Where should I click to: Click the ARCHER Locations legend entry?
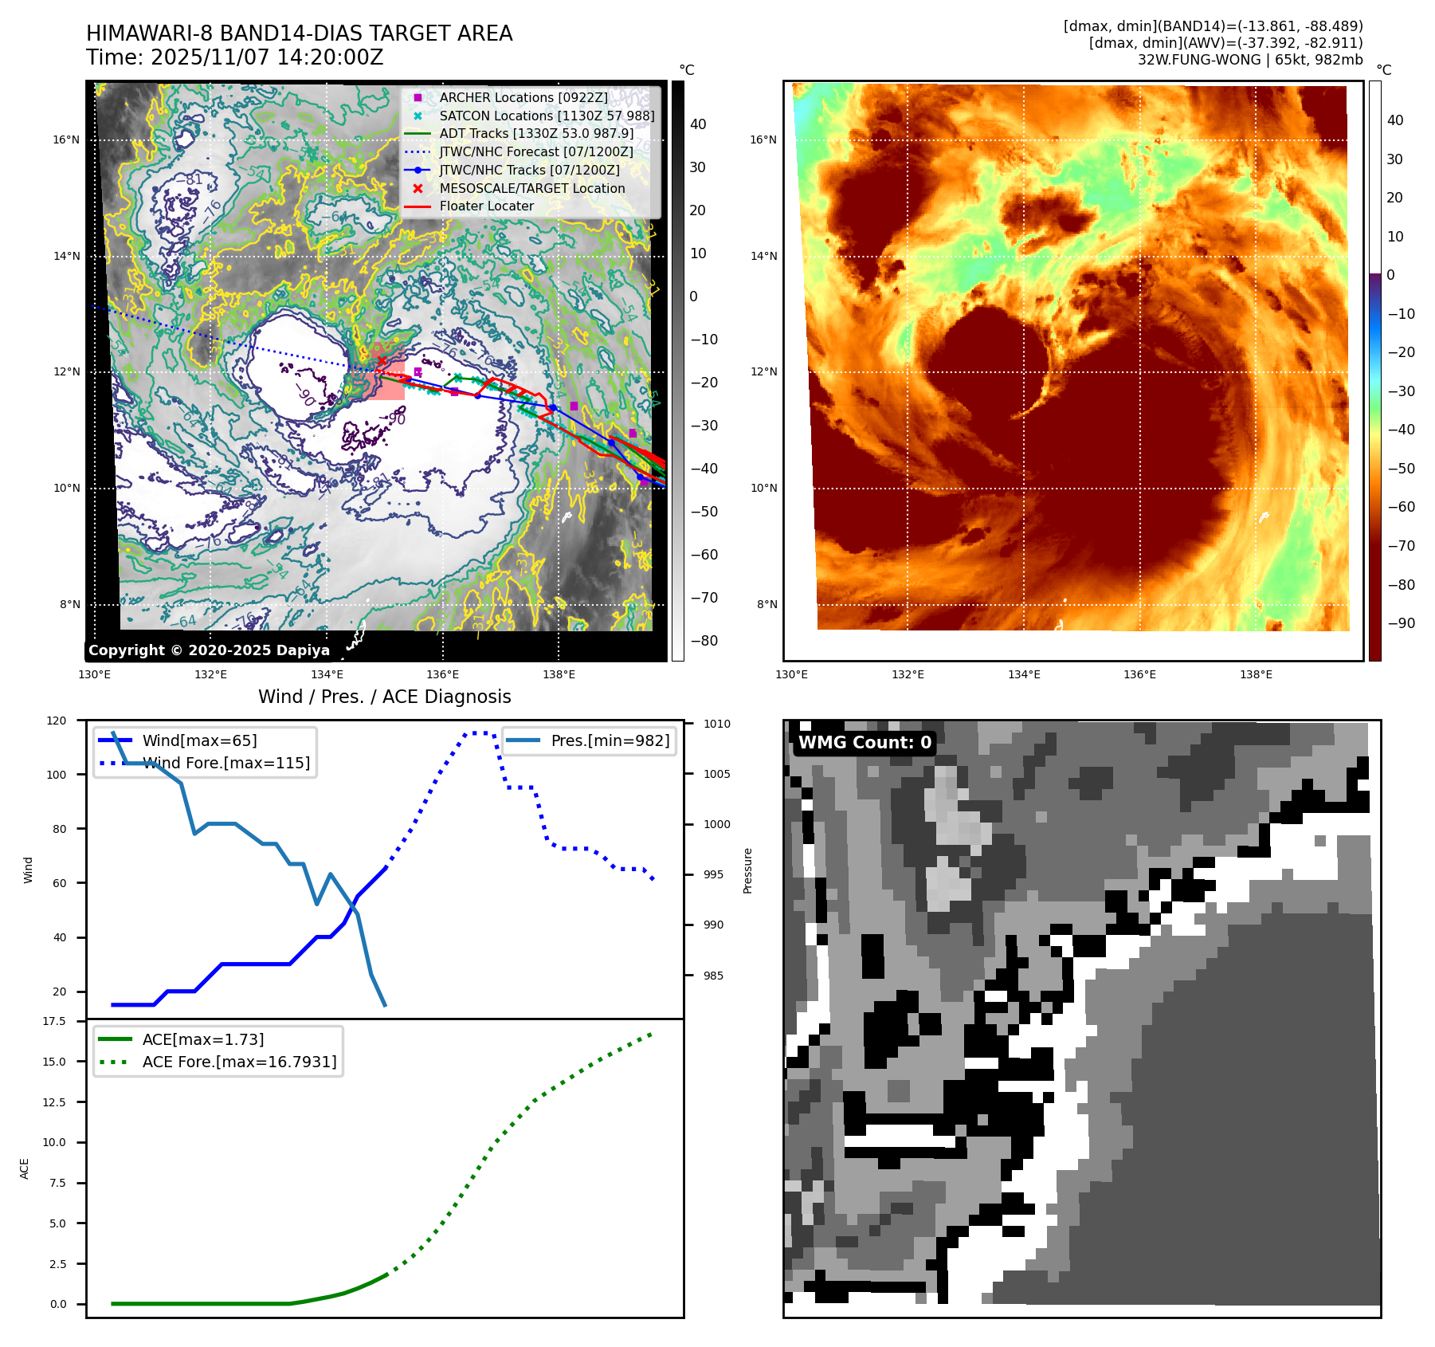click(x=523, y=97)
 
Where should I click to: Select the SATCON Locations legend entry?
click(x=546, y=116)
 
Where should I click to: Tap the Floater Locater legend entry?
click(x=486, y=206)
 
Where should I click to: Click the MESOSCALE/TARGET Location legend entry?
click(x=531, y=188)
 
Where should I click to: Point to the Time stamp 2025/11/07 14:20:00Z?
click(x=235, y=57)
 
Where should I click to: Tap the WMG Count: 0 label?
click(x=865, y=743)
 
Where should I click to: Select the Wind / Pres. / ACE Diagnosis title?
click(x=384, y=697)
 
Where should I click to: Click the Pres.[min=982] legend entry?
click(x=610, y=740)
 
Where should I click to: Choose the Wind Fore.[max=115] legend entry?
click(x=225, y=763)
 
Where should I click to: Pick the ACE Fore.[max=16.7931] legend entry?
click(x=239, y=1062)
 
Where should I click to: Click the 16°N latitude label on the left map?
click(x=66, y=140)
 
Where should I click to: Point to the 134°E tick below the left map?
click(x=327, y=674)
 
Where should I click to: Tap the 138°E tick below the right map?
click(x=1256, y=674)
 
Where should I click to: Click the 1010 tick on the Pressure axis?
click(x=716, y=724)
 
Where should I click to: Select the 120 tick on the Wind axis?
click(x=57, y=721)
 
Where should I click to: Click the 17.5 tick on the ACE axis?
click(x=54, y=1021)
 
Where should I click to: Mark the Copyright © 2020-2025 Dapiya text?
click(x=209, y=650)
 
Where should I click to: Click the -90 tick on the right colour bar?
click(x=1401, y=623)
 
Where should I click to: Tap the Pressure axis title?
click(x=747, y=870)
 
